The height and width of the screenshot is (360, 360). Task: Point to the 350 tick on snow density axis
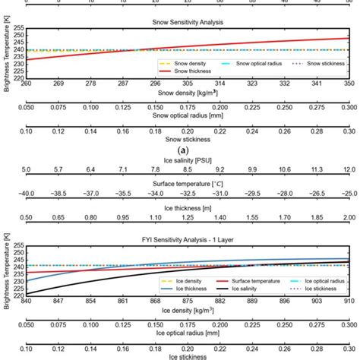[349, 82]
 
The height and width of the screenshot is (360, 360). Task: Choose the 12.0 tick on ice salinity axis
[349, 169]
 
